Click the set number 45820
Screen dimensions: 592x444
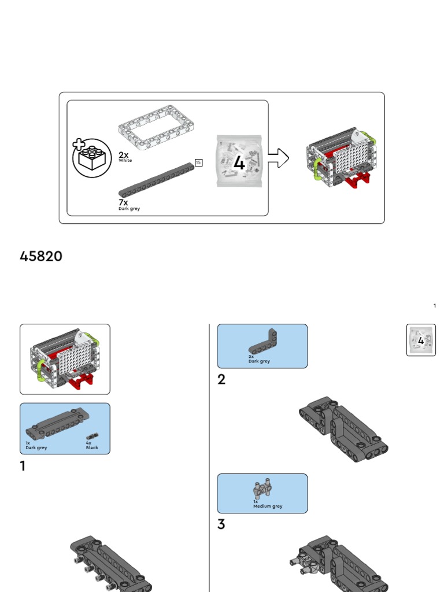(x=41, y=257)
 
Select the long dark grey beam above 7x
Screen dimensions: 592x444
(x=157, y=179)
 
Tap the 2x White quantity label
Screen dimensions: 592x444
(x=124, y=157)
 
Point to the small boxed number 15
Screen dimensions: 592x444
(x=198, y=162)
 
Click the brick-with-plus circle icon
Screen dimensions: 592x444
(x=91, y=158)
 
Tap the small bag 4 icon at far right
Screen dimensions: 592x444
(x=420, y=340)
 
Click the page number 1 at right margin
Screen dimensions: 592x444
(x=435, y=305)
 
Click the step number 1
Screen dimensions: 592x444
(x=23, y=466)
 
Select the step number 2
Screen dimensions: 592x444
(x=221, y=380)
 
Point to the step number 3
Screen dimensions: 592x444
(x=221, y=525)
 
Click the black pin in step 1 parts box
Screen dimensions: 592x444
(x=91, y=436)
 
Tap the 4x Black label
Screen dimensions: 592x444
(x=91, y=445)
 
